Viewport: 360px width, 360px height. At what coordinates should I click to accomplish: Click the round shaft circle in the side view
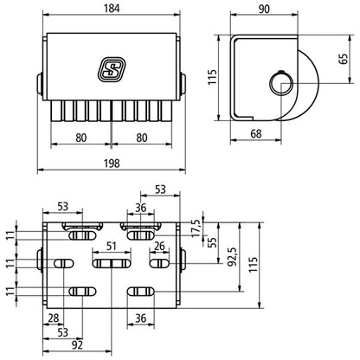(281, 85)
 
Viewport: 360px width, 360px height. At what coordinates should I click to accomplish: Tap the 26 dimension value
(159, 247)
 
